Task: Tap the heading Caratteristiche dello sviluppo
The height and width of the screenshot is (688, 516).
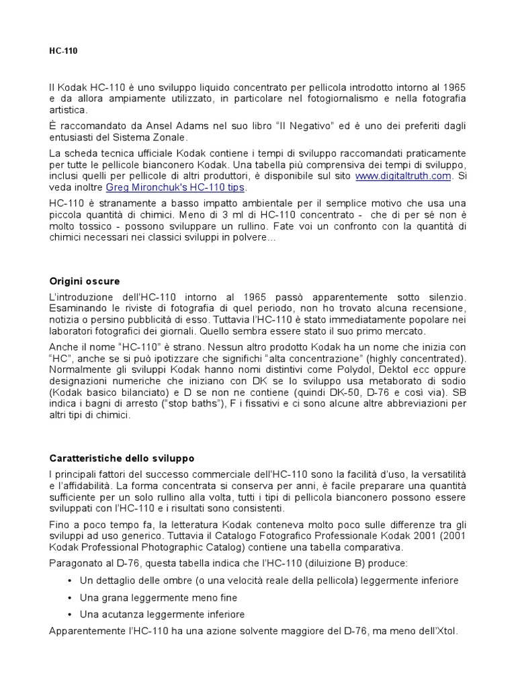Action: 122,458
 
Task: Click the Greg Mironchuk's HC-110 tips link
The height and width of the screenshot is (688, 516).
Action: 176,187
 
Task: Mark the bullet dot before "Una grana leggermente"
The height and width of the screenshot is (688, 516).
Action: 71,597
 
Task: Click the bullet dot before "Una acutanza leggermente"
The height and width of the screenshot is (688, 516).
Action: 71,614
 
